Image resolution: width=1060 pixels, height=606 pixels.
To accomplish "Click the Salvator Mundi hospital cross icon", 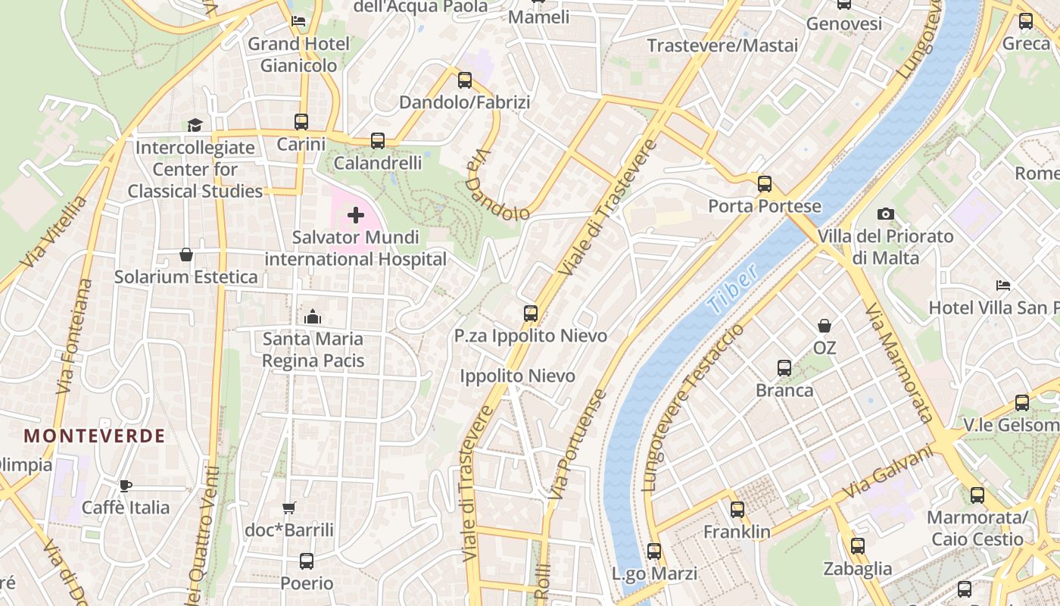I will pyautogui.click(x=356, y=216).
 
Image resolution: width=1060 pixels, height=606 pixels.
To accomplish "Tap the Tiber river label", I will pyautogui.click(x=734, y=289).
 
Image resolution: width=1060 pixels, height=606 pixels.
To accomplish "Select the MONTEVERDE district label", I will pyautogui.click(x=95, y=436).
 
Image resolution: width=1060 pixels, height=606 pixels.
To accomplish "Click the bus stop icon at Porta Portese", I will pyautogui.click(x=765, y=184).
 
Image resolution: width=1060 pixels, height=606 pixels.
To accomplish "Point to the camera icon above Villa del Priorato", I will pyautogui.click(x=885, y=214).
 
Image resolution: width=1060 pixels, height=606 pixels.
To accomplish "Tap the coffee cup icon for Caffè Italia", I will pyautogui.click(x=126, y=486).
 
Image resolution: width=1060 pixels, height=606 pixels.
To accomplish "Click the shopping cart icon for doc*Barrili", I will pyautogui.click(x=288, y=508).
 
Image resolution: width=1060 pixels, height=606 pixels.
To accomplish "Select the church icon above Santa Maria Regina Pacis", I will pyautogui.click(x=313, y=317).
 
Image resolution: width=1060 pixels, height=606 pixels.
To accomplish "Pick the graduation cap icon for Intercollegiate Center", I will pyautogui.click(x=195, y=125).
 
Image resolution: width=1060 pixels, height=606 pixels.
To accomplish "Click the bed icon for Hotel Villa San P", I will pyautogui.click(x=1003, y=286).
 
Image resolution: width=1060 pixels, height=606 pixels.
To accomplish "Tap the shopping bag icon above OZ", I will pyautogui.click(x=825, y=326).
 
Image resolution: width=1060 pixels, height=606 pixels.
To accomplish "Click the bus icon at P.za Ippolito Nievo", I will pyautogui.click(x=531, y=313).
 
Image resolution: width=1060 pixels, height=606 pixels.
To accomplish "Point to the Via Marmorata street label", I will pyautogui.click(x=899, y=363).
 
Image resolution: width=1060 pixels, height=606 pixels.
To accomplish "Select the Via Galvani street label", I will pyautogui.click(x=887, y=472).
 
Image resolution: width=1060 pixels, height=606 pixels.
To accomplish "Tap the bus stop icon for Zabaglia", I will pyautogui.click(x=858, y=546).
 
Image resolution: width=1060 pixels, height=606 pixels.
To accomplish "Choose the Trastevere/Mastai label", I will pyautogui.click(x=722, y=45).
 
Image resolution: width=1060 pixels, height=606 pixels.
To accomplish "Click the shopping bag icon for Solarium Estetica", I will pyautogui.click(x=186, y=255).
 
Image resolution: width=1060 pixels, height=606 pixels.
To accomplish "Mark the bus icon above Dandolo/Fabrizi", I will pyautogui.click(x=465, y=80).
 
